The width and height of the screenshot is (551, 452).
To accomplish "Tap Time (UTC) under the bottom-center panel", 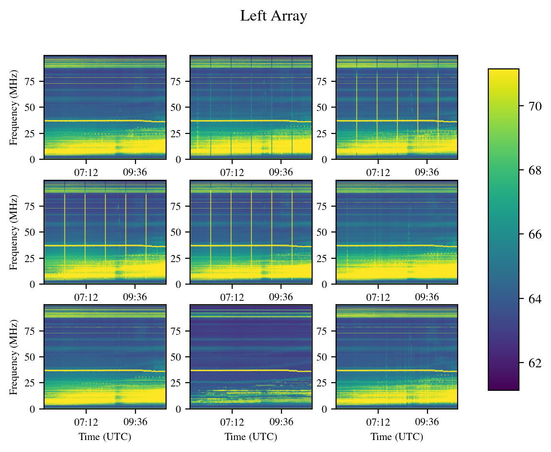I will [251, 437].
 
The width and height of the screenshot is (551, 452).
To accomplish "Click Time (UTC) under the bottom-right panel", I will [397, 437].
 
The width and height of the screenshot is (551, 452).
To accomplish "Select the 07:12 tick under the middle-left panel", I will [86, 297].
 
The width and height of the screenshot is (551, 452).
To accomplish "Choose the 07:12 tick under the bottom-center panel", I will [232, 421].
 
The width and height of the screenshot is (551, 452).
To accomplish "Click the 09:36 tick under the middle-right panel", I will [427, 297].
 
